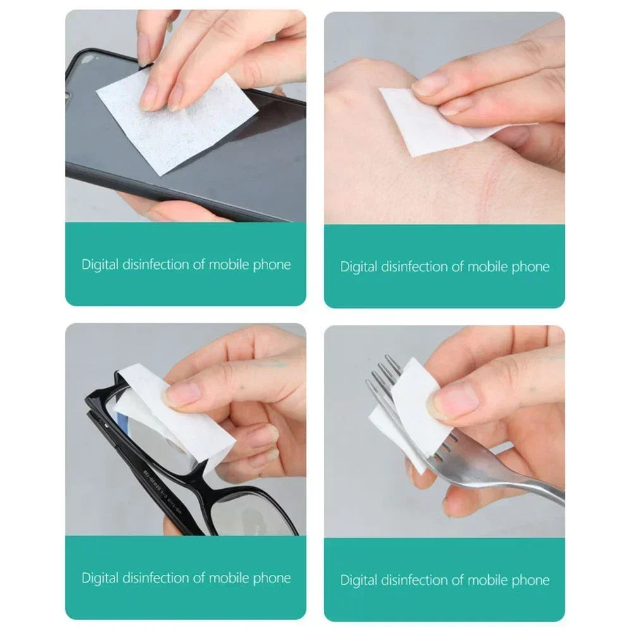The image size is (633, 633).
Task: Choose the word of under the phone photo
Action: click(x=199, y=264)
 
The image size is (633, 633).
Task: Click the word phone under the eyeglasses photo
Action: click(x=273, y=577)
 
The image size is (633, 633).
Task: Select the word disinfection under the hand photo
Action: click(x=412, y=266)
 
